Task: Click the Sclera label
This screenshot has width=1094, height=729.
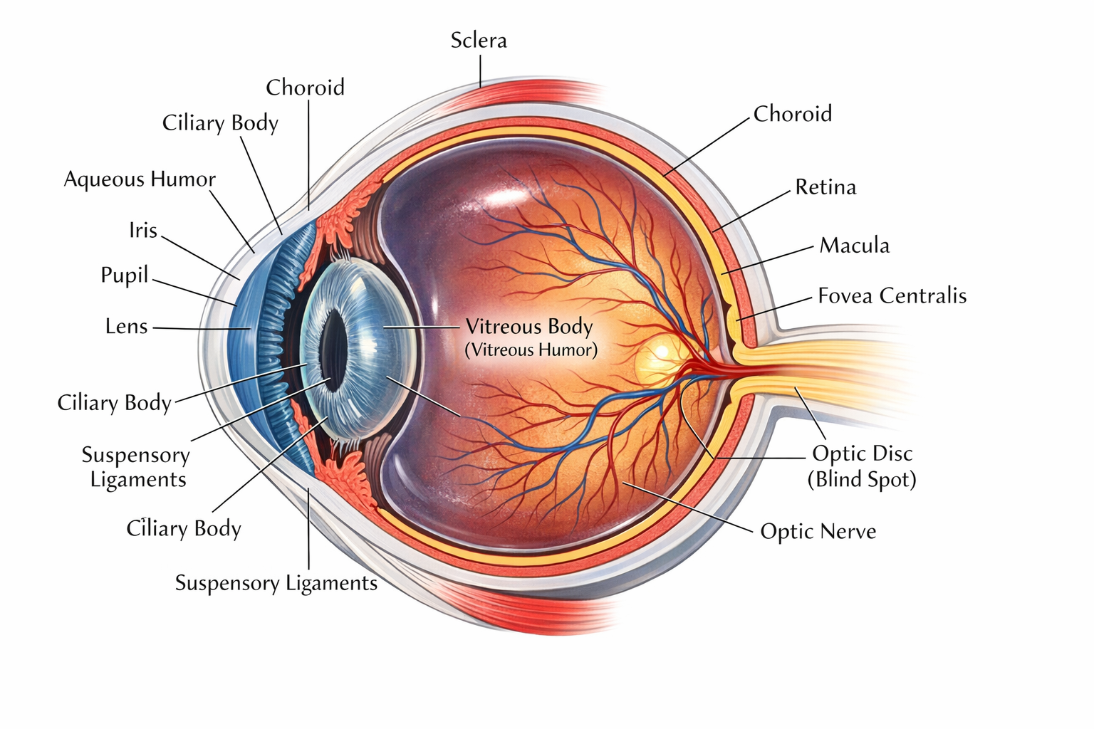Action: click(479, 41)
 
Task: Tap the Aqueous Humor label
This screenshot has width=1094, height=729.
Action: click(140, 179)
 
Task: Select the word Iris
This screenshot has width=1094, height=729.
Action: click(142, 230)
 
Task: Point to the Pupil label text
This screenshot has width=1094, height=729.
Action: click(124, 276)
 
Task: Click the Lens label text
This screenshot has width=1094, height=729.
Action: click(126, 327)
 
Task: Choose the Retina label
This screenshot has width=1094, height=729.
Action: click(825, 187)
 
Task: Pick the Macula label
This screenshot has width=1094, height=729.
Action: click(854, 246)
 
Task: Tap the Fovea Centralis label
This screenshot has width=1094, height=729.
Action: click(892, 295)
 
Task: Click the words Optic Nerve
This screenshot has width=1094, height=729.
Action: click(818, 532)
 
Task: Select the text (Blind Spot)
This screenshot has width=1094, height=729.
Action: click(862, 480)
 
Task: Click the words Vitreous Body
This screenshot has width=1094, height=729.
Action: click(529, 327)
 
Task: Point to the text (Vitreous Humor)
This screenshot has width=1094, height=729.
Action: click(531, 350)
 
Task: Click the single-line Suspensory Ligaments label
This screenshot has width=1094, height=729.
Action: click(276, 584)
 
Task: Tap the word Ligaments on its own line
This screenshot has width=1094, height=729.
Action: click(138, 480)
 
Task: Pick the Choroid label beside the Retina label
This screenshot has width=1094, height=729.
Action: click(792, 114)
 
